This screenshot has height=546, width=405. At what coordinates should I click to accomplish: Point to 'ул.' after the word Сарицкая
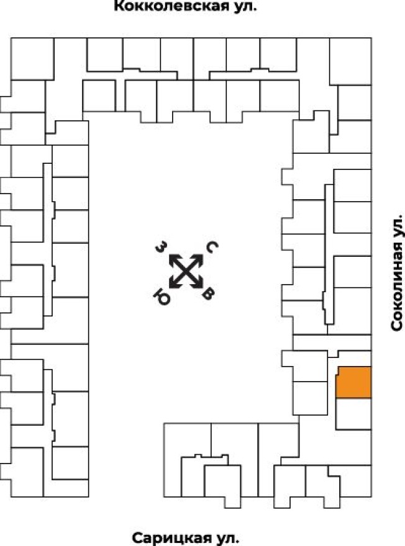click(227, 537)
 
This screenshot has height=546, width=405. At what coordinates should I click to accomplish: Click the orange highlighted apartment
click(353, 382)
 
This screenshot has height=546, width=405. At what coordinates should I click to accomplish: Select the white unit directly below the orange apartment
click(353, 413)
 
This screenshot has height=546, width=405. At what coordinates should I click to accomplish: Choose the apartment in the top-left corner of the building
click(29, 59)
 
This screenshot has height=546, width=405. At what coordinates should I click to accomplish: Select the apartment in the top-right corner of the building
click(350, 61)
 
